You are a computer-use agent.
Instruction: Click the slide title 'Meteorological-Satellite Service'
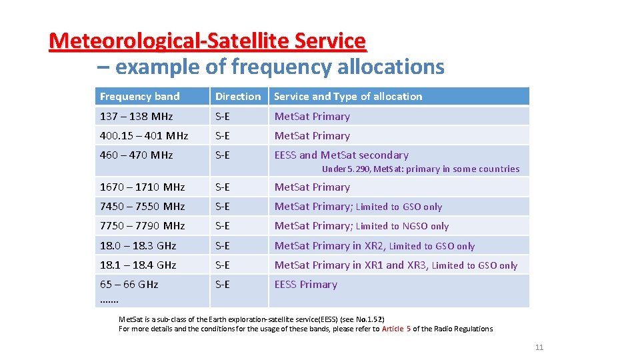[x=207, y=41]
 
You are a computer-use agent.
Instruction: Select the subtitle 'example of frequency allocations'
[x=279, y=67]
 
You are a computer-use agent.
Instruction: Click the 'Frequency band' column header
[x=139, y=97]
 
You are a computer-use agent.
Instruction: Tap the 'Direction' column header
[x=238, y=97]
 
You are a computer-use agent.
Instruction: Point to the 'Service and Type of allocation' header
[x=348, y=97]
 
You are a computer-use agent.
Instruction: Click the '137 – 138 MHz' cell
[x=136, y=117]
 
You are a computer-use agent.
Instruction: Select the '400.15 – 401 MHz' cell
[x=144, y=136]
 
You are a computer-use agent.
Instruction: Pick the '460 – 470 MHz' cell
[x=136, y=155]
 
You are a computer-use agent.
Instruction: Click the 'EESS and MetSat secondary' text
[x=341, y=155]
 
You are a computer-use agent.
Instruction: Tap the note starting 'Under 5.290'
[x=420, y=169]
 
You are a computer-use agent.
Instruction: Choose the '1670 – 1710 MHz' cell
[x=141, y=187]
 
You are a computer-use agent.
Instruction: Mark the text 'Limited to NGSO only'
[x=403, y=227]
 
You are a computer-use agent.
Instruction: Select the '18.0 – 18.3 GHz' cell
[x=138, y=246]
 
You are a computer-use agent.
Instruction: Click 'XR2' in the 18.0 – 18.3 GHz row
[x=374, y=246]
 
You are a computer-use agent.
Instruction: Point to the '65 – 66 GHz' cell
[x=129, y=285]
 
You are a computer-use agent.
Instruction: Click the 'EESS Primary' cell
[x=306, y=285]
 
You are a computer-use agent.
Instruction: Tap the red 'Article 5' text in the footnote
[x=396, y=329]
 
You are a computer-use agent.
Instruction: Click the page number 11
[x=539, y=347]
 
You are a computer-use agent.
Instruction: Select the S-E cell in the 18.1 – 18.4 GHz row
[x=222, y=265]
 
